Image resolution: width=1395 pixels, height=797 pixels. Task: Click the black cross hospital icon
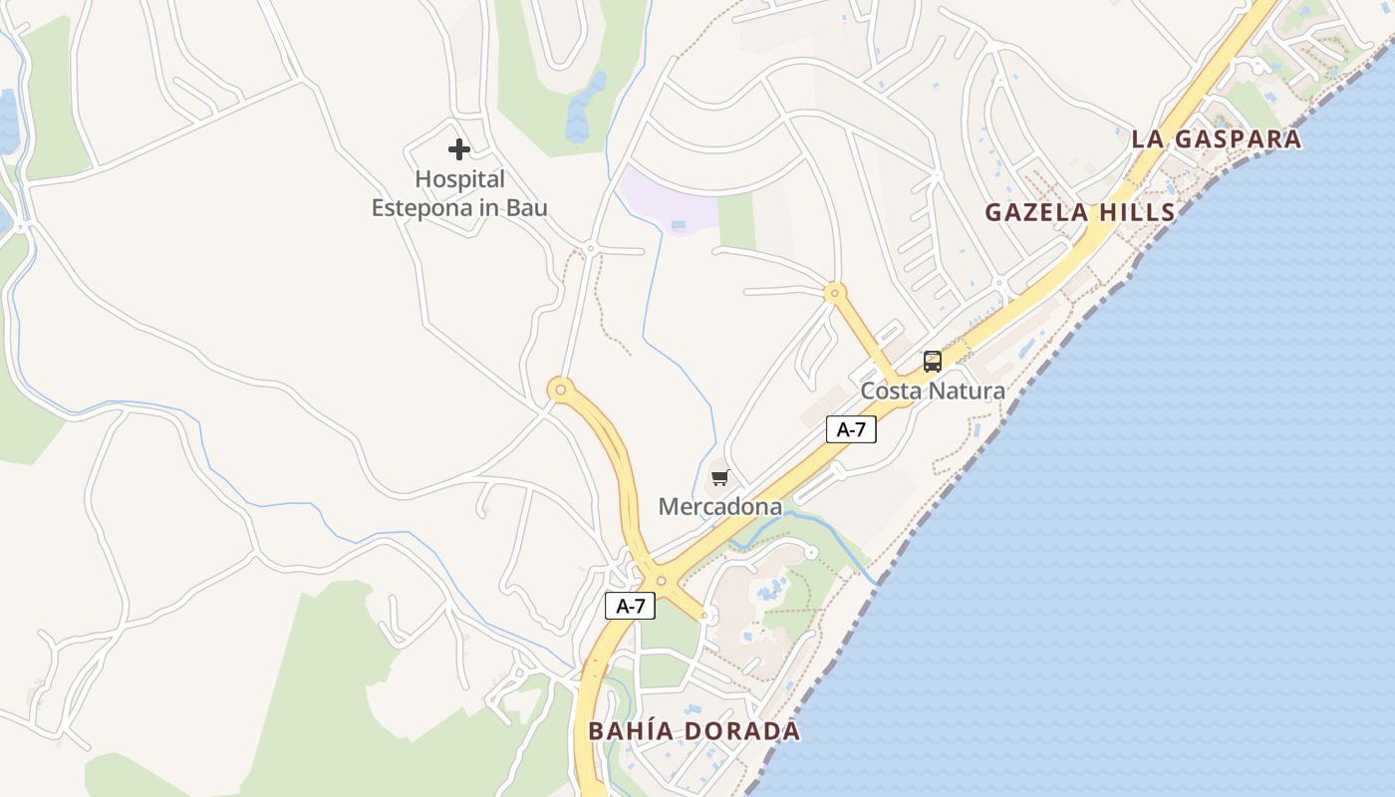click(458, 149)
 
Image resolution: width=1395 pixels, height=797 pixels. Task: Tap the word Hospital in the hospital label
click(459, 179)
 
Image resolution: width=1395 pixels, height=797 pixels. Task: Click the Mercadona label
click(719, 506)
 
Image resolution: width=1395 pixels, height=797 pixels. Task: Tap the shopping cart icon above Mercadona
click(719, 478)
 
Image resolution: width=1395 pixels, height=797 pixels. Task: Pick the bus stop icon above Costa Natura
click(932, 362)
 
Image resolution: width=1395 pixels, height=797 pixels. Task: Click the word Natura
click(967, 391)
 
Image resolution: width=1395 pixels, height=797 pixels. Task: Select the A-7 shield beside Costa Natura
click(850, 429)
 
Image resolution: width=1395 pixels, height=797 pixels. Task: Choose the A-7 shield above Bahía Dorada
click(630, 605)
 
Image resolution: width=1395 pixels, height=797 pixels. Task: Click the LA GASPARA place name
click(1216, 138)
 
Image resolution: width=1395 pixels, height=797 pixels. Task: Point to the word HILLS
click(1136, 212)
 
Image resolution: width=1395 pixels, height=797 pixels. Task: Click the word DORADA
click(743, 730)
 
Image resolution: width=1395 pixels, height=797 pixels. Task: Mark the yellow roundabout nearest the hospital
click(561, 390)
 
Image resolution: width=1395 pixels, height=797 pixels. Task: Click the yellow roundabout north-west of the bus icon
click(835, 293)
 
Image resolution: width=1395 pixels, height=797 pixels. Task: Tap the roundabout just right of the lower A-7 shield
click(661, 580)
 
